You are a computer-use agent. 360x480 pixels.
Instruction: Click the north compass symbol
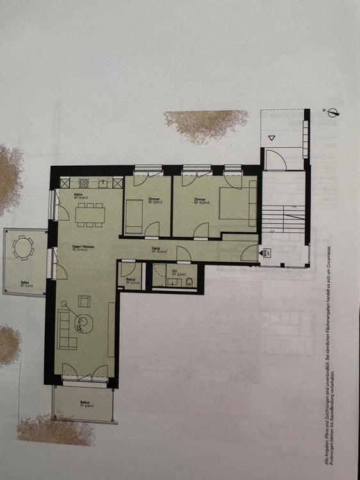tap(332, 113)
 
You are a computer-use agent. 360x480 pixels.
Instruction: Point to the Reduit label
tap(130, 280)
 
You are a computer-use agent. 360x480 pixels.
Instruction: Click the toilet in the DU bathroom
tap(189, 281)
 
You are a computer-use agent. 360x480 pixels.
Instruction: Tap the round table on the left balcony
tap(24, 248)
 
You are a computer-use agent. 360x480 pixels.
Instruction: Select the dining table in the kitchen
tap(90, 214)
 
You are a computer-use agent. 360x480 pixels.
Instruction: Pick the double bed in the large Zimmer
tap(238, 204)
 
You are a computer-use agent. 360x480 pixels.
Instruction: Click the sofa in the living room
tap(66, 328)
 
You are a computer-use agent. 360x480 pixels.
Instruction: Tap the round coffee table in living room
tap(83, 321)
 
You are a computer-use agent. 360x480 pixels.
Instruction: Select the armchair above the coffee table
tap(84, 301)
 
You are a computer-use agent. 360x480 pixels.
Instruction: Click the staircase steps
tap(282, 219)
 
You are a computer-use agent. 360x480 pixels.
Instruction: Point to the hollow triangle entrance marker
tap(272, 136)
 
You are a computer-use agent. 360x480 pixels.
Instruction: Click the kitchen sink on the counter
tap(83, 183)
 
